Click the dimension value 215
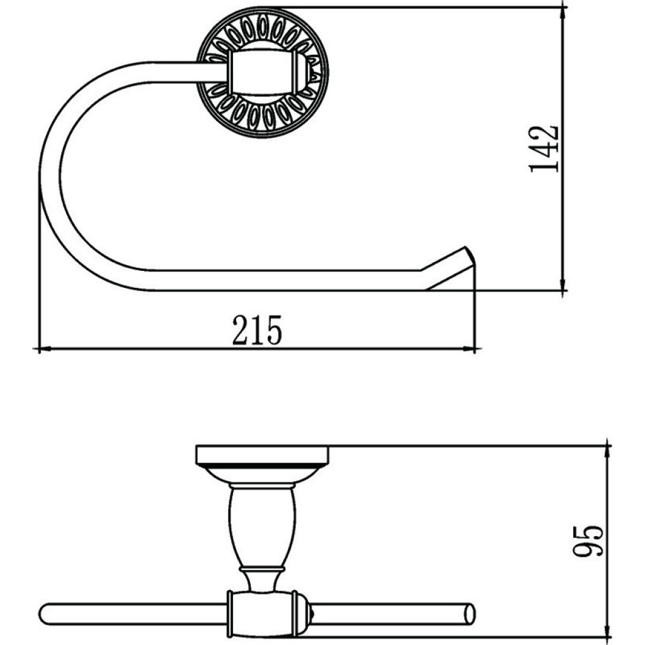coord(257,329)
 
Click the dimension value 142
coord(544,149)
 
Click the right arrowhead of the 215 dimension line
coord(469,349)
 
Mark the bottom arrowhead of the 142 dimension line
coord(562,284)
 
